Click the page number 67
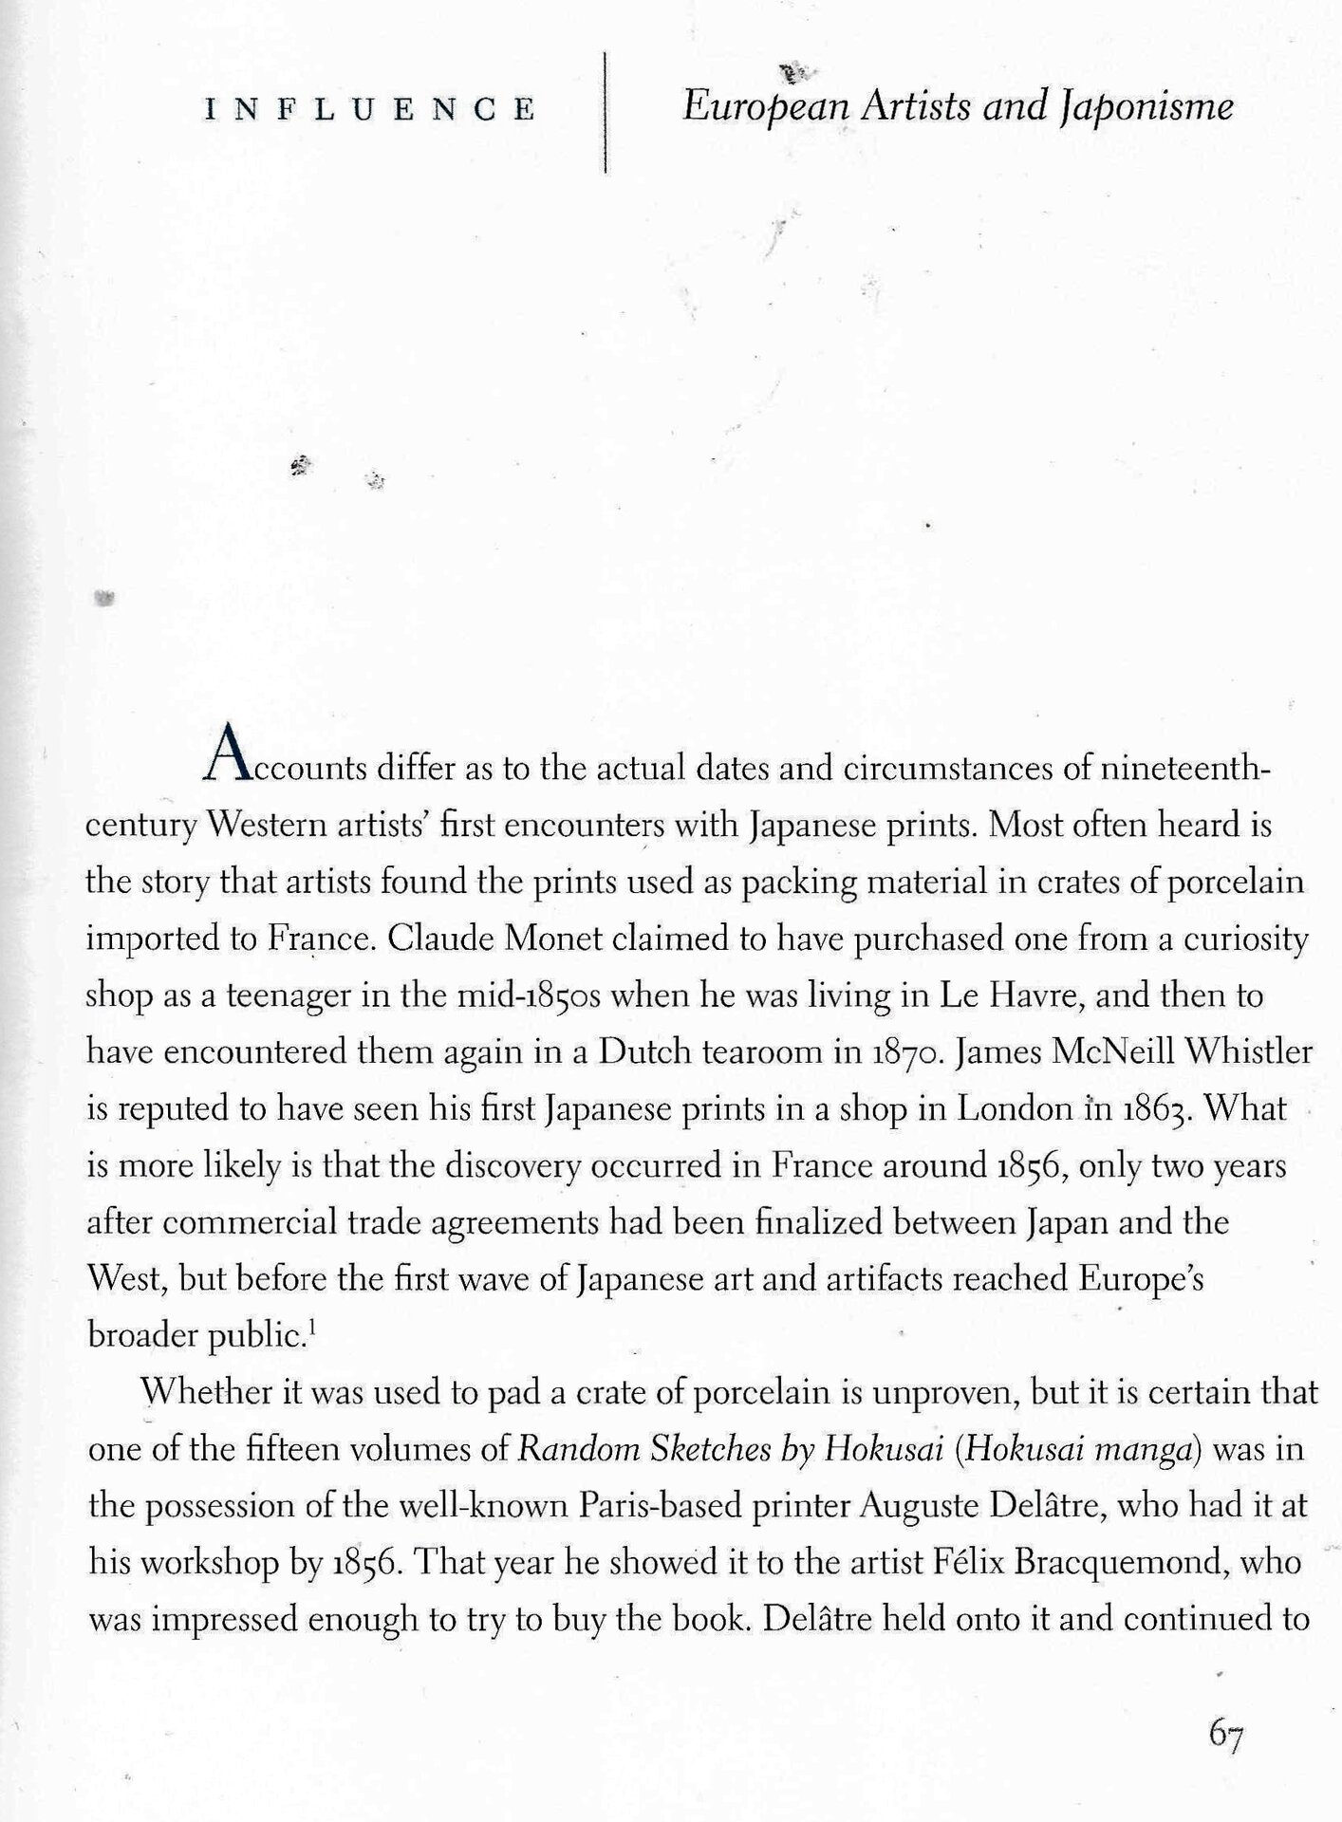1225,1734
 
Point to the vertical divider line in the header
605,112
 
